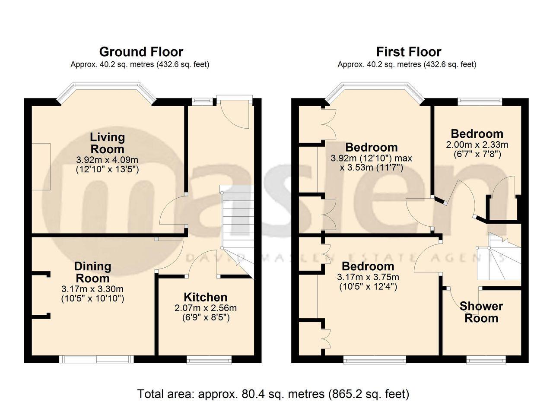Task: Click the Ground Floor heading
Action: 141,52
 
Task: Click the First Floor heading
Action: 409,52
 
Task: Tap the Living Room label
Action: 107,143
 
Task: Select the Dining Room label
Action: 92,272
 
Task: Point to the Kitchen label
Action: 205,298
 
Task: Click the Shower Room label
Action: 481,312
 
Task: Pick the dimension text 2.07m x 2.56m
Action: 205,308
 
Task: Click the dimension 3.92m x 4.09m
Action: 107,160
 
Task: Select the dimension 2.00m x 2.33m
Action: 477,145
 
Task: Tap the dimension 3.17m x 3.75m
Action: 368,277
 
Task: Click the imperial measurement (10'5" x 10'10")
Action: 92,299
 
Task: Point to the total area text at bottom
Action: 273,394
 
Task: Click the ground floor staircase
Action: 237,232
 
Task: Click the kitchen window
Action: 209,360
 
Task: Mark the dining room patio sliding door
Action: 96,359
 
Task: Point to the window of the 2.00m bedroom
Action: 480,101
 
